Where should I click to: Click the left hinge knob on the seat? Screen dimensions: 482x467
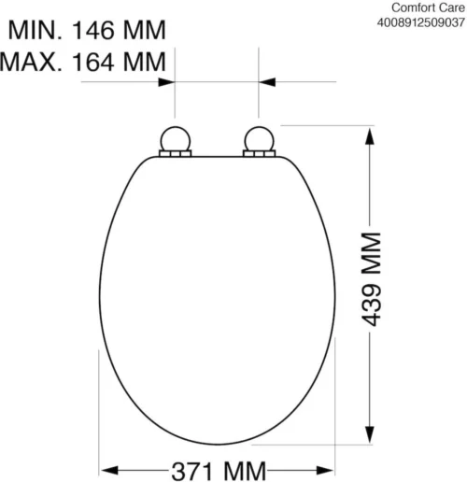pyautogui.click(x=177, y=140)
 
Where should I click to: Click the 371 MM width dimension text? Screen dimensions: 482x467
pyautogui.click(x=216, y=468)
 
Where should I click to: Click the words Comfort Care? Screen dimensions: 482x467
pyautogui.click(x=425, y=6)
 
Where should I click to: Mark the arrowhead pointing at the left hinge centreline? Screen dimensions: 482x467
pyautogui.click(x=169, y=82)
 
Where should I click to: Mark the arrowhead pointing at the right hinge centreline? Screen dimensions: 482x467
pyautogui.click(x=265, y=82)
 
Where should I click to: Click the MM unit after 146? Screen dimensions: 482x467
pyautogui.click(x=145, y=30)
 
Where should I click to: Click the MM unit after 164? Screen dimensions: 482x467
pyautogui.click(x=145, y=63)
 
